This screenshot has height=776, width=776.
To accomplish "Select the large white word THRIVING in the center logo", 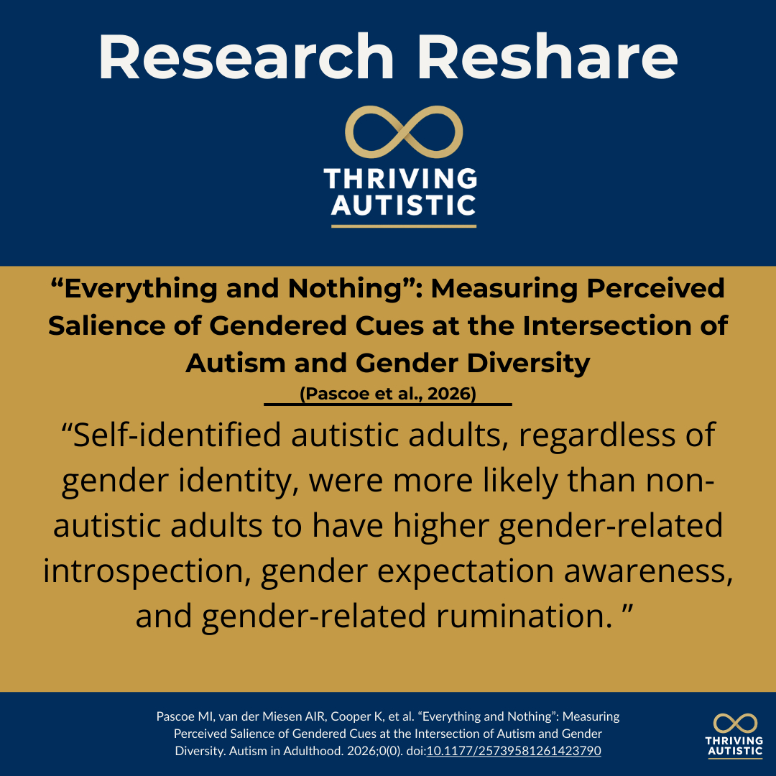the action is (400, 179).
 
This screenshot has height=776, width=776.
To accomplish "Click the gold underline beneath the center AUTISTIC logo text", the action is (404, 226).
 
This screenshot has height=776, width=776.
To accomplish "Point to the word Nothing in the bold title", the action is (344, 289).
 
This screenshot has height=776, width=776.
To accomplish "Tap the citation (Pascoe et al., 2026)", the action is (388, 394).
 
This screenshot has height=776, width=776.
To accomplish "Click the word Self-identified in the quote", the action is (177, 435).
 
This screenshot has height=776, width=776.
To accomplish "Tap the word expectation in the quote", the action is (465, 572).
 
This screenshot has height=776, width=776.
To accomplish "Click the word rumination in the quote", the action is (525, 616).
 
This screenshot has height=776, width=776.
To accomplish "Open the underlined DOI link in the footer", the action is (514, 751).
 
